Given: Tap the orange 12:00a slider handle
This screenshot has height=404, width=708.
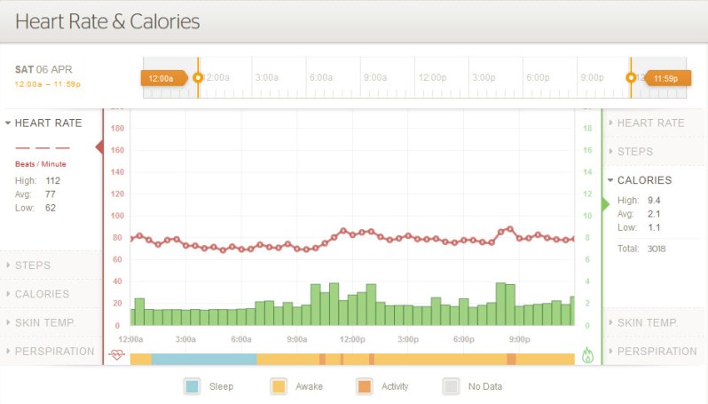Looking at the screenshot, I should tap(162, 78).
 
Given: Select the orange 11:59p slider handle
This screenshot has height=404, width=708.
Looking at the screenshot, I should tap(665, 78).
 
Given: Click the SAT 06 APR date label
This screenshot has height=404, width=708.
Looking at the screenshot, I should tap(43, 69).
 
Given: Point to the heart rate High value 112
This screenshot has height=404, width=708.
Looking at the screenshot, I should tap(53, 180).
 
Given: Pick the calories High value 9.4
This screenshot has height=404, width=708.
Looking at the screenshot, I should tap(655, 200).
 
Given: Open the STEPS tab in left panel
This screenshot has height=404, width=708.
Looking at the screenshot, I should tap(33, 265).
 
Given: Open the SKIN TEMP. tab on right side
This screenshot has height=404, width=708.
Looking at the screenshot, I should tap(648, 322).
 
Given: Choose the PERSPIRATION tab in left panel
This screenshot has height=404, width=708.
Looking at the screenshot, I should tap(54, 351).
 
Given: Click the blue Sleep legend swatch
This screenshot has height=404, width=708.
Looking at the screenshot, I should tap(193, 386).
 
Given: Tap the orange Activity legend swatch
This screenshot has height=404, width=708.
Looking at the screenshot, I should tap(365, 386).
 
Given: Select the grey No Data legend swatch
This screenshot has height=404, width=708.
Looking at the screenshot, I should tap(452, 386).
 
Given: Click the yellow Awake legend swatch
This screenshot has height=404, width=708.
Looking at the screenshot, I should tap(279, 386).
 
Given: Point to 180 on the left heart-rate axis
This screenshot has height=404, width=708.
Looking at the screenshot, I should tap(116, 129).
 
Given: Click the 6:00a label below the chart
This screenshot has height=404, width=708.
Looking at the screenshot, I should tap(240, 339).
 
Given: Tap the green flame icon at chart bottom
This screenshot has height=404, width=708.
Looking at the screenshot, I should tap(587, 355).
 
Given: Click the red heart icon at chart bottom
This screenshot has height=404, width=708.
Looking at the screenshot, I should tap(116, 355).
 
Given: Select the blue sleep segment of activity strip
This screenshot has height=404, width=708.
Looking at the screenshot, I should tap(204, 359).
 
